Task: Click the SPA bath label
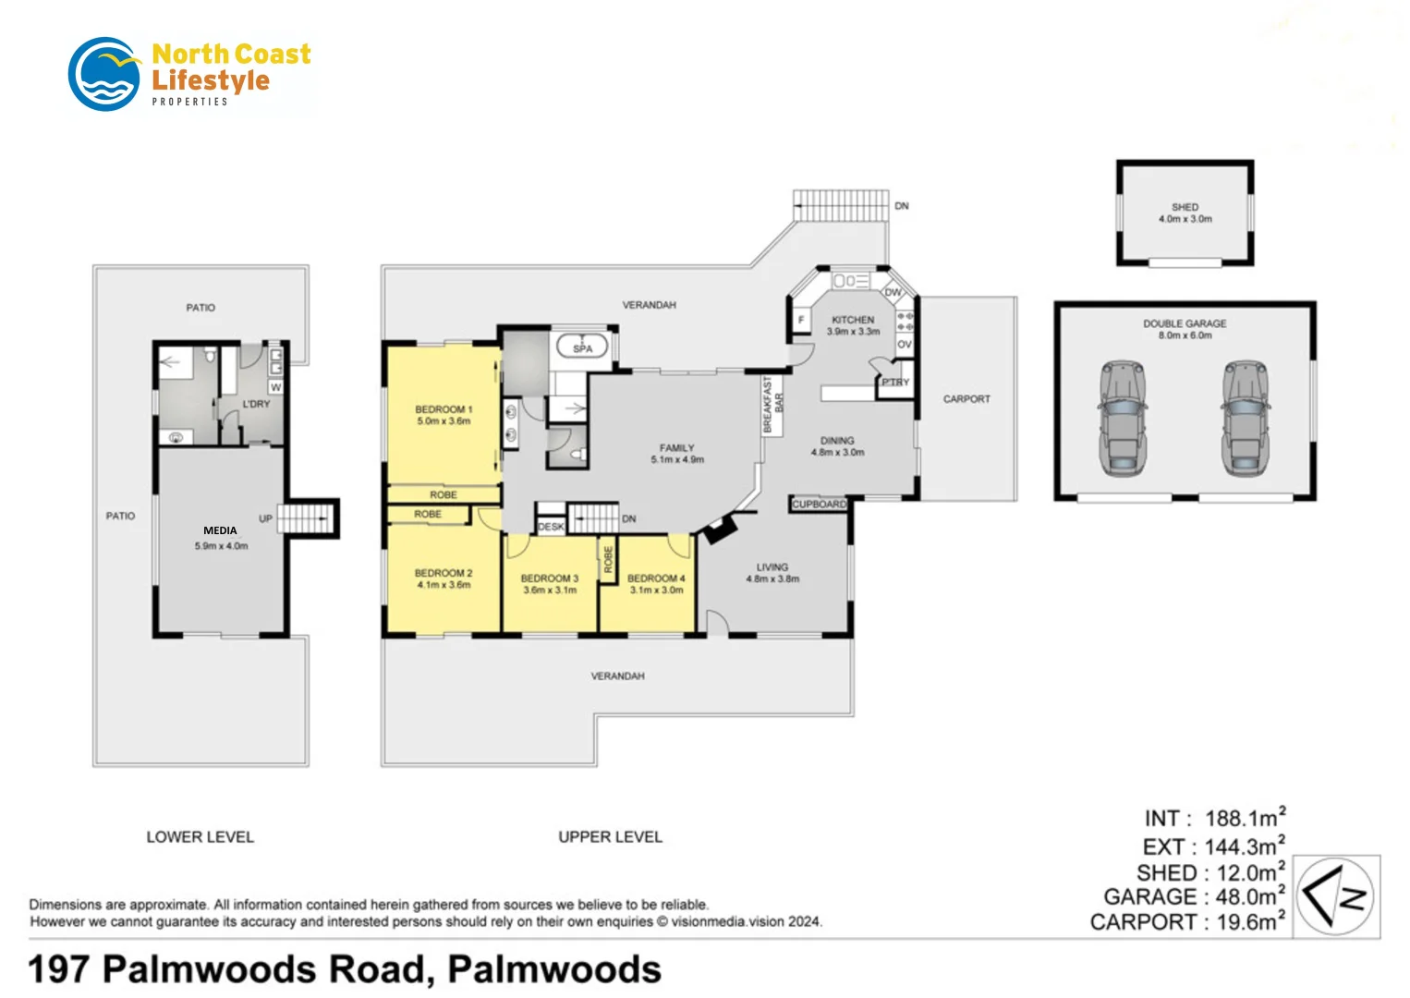tap(582, 348)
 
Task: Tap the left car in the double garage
tap(1122, 419)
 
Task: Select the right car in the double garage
tap(1245, 419)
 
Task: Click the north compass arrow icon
tap(1335, 895)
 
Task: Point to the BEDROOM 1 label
tap(444, 415)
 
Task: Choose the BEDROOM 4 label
tap(656, 583)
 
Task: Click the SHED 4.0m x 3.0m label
tap(1185, 213)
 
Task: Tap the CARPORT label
tap(966, 399)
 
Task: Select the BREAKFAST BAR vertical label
tap(772, 405)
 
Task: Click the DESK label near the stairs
tap(551, 527)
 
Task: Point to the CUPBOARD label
tap(820, 505)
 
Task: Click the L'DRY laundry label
tap(256, 404)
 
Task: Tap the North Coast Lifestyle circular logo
tap(104, 74)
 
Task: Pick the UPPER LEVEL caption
tap(610, 837)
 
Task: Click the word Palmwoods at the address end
tap(554, 969)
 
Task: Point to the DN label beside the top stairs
tap(902, 206)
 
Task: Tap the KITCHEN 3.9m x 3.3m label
tap(853, 325)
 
